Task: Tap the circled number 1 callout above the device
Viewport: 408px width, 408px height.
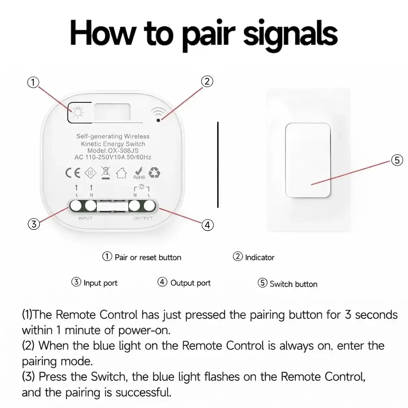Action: point(33,82)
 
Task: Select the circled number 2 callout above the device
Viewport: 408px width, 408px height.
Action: point(206,81)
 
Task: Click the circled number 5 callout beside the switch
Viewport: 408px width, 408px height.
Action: point(397,160)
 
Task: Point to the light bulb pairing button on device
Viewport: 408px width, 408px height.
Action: point(78,112)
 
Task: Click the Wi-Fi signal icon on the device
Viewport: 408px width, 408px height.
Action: point(159,114)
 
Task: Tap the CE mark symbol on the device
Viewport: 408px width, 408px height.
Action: point(73,173)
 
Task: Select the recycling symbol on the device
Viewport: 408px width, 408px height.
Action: point(154,173)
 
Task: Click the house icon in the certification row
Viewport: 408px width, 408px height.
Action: point(121,173)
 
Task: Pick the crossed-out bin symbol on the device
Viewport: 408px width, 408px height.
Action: point(105,173)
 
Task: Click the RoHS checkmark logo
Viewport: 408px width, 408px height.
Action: point(138,173)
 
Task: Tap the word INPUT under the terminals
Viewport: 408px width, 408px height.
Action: point(85,218)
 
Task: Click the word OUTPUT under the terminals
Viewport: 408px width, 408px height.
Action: point(143,218)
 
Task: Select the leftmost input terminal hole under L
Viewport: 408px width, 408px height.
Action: point(76,206)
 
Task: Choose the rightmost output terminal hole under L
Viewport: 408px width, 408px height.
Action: point(149,206)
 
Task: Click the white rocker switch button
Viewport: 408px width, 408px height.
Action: point(308,160)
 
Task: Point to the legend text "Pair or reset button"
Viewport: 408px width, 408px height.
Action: point(148,257)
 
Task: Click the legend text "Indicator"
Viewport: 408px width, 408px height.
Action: point(259,258)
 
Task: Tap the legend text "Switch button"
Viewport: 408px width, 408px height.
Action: point(293,284)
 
